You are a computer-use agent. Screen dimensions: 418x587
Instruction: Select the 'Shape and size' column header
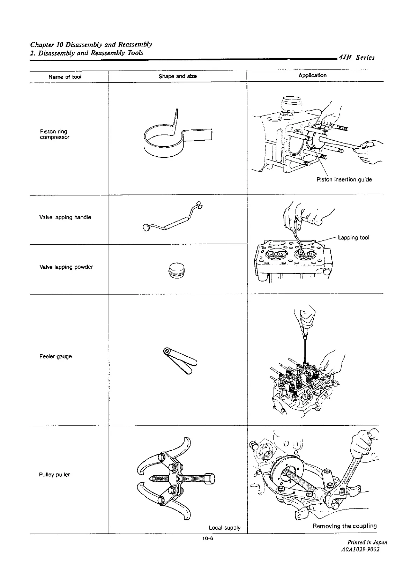pyautogui.click(x=178, y=76)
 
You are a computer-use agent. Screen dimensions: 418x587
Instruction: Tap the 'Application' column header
pyautogui.click(x=312, y=75)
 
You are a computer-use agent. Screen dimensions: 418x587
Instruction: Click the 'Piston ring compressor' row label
pyautogui.click(x=54, y=134)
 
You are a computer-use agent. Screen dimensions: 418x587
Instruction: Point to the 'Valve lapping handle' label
pyautogui.click(x=65, y=217)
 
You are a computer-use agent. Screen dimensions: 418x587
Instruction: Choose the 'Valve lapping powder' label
pyautogui.click(x=66, y=267)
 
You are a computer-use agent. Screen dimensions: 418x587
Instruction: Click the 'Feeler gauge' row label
pyautogui.click(x=56, y=356)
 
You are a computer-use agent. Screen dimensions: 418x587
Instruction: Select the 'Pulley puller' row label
pyautogui.click(x=55, y=475)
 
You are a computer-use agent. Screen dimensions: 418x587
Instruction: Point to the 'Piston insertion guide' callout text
pyautogui.click(x=344, y=179)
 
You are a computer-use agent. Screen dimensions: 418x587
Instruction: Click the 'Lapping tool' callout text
pyautogui.click(x=354, y=238)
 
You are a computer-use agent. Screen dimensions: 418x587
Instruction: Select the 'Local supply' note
pyautogui.click(x=225, y=528)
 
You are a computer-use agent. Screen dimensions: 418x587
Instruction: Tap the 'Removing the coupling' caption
pyautogui.click(x=345, y=526)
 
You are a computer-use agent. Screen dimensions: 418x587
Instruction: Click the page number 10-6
pyautogui.click(x=207, y=538)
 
